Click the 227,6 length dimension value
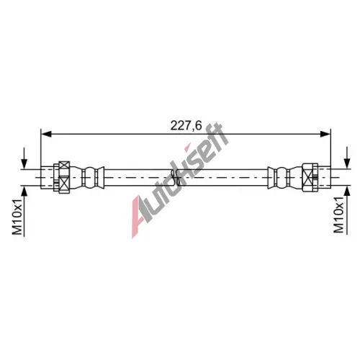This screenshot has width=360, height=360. pyautogui.click(x=186, y=125)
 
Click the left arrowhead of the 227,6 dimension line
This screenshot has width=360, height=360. pyautogui.click(x=46, y=134)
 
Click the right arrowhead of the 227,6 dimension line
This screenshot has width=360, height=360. pyautogui.click(x=325, y=134)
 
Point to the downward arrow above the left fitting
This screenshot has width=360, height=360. pyautogui.click(x=24, y=159)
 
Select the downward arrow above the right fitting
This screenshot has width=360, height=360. pyautogui.click(x=347, y=158)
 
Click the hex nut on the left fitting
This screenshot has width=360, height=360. pyautogui.click(x=63, y=177)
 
